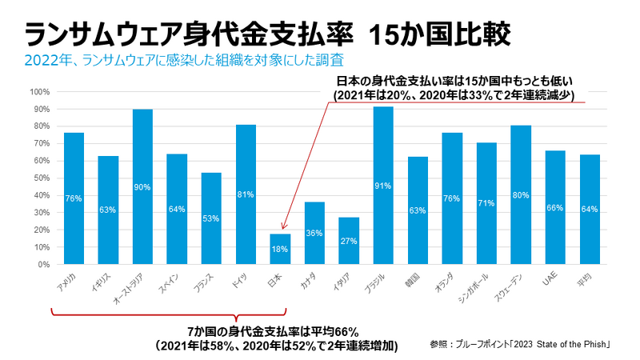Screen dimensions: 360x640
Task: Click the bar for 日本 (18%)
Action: (x=280, y=249)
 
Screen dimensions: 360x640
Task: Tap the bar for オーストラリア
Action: (x=142, y=186)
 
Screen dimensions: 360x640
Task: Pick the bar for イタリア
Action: (x=349, y=241)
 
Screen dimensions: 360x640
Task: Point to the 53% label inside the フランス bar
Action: (x=211, y=218)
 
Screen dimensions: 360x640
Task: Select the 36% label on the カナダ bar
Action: (x=314, y=234)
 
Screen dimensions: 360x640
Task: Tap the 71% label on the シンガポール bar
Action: (x=486, y=203)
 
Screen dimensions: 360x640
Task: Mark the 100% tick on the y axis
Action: (x=41, y=91)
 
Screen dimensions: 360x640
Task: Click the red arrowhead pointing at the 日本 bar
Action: (x=286, y=230)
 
